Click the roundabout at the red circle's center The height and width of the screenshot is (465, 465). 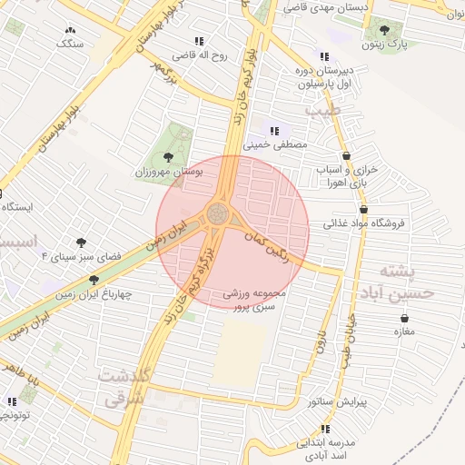click(x=218, y=215)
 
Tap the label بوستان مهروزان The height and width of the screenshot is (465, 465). click(x=142, y=171)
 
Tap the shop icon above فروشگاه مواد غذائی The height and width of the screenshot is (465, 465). click(x=363, y=210)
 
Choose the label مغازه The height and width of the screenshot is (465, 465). click(x=404, y=331)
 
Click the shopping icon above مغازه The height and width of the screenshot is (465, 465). click(x=404, y=318)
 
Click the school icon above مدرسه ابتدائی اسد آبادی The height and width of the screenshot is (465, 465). click(x=324, y=429)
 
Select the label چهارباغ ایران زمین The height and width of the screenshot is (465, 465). click(x=100, y=294)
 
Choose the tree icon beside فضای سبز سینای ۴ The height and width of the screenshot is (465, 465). click(x=82, y=243)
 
